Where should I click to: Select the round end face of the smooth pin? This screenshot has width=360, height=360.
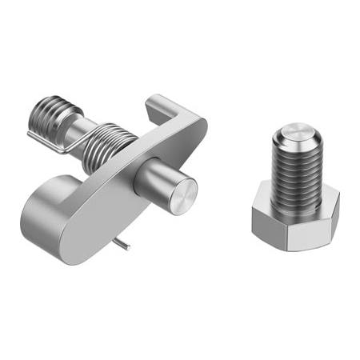click(183, 195)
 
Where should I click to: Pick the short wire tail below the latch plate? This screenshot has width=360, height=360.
click(122, 243)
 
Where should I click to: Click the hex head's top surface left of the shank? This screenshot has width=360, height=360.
click(264, 200)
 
